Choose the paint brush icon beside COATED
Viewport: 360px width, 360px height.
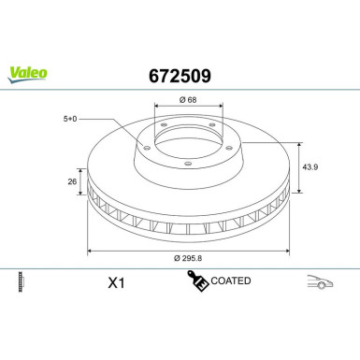(196, 280)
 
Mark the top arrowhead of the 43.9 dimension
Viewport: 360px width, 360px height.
(299, 144)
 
